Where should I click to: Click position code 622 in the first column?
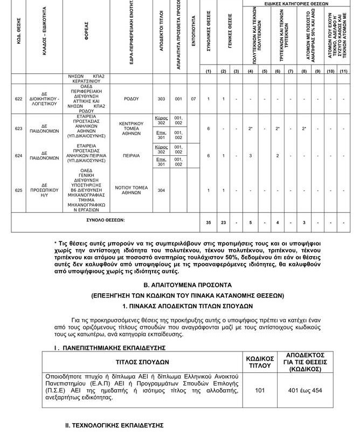coord(19,99)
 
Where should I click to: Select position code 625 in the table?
coord(19,190)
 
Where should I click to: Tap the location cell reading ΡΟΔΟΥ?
coord(131,99)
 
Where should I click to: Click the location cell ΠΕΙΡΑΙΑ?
coord(131,156)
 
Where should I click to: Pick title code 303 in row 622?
coord(161,99)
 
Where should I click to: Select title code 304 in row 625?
coord(161,190)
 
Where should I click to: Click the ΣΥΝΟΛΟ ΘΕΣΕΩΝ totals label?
coord(106,220)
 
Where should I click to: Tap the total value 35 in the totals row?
coord(209,222)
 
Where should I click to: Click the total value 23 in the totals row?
coord(223,222)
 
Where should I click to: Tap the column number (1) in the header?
coord(209,71)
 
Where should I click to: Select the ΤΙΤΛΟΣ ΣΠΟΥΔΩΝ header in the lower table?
coord(142,362)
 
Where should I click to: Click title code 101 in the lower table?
coord(260,389)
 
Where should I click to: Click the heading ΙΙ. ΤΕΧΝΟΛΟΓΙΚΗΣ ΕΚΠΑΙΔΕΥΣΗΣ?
coord(114,425)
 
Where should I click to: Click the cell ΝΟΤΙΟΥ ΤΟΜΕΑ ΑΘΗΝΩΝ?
coord(131,190)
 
